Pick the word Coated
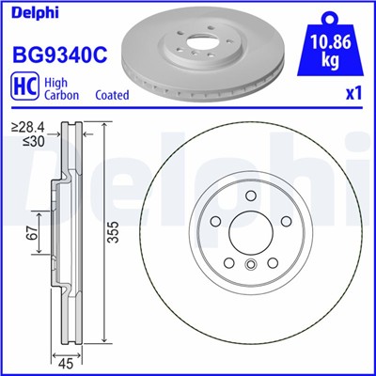pos(112,96)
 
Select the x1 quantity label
pos(353,95)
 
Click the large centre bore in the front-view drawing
pos(249,234)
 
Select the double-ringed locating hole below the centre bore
pos(249,266)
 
